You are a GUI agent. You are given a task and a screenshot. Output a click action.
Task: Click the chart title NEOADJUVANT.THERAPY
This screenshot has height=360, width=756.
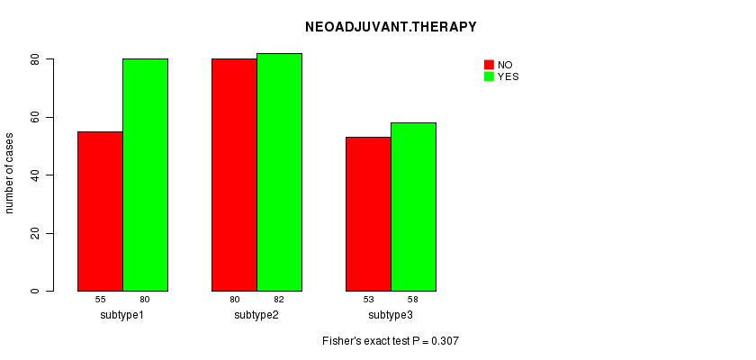[x=391, y=27]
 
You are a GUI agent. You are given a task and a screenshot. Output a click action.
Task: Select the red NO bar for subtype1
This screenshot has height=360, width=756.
[x=100, y=211]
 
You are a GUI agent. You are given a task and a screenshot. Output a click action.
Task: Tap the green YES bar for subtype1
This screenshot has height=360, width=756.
[x=145, y=175]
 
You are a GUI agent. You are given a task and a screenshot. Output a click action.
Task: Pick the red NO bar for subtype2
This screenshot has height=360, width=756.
[x=234, y=175]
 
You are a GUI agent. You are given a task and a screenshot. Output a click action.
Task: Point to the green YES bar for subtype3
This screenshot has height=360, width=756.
[x=413, y=207]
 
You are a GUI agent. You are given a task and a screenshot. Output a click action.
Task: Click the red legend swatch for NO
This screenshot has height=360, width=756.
[x=490, y=65]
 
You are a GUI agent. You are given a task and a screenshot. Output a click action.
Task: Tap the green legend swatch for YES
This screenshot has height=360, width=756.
[x=490, y=76]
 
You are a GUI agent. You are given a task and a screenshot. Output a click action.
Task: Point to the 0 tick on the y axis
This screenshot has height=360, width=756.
[x=35, y=292]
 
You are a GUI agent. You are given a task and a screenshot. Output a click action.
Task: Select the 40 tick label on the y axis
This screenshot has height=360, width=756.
[x=35, y=175]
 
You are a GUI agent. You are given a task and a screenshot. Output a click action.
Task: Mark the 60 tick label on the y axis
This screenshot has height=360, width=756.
[x=35, y=117]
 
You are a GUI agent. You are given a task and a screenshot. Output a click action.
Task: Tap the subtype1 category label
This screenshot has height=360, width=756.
[x=122, y=315]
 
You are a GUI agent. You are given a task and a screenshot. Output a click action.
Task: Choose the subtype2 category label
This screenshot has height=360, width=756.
[x=256, y=315]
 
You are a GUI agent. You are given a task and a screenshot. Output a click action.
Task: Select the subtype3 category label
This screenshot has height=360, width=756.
[x=391, y=315]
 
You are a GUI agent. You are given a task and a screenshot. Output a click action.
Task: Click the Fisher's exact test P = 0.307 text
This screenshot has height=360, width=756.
[x=391, y=342]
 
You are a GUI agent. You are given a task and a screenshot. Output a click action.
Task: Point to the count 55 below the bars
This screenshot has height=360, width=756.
[x=100, y=299]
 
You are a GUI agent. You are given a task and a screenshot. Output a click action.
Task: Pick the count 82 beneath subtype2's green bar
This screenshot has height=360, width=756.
[x=279, y=299]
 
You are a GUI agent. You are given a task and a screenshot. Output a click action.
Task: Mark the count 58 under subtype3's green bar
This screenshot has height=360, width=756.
[x=413, y=299]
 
